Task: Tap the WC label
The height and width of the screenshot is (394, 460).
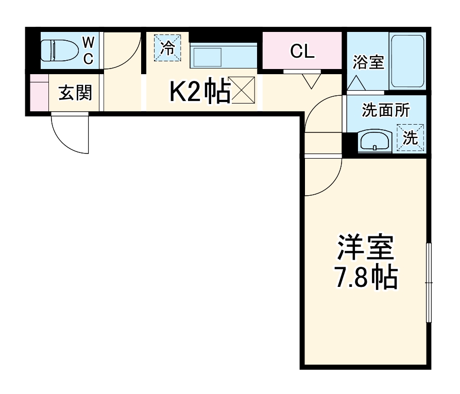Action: point(88,50)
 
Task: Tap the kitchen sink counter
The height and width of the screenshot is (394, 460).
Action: point(223,56)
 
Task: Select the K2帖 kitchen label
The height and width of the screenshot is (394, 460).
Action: point(200,92)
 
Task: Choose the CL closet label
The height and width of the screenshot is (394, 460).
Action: point(302,51)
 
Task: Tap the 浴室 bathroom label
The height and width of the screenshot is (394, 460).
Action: point(368,63)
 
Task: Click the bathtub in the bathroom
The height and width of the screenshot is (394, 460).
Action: point(407,61)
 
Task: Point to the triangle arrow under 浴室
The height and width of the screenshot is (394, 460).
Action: point(355,83)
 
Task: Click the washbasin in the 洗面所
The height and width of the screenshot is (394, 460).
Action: point(374,140)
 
